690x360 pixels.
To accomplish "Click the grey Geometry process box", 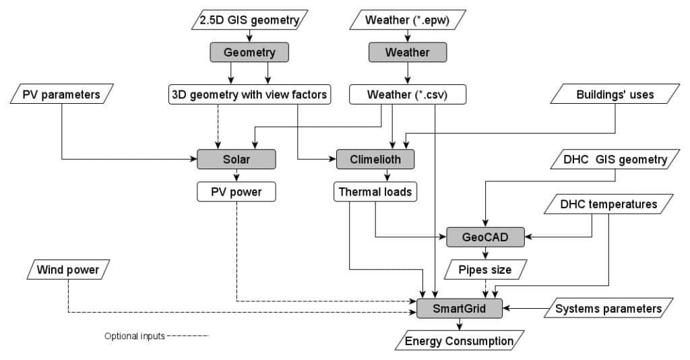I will [x=249, y=53].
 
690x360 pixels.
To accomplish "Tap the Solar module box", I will [x=237, y=159].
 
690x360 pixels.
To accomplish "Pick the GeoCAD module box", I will [x=485, y=237].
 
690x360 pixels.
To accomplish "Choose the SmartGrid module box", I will [x=460, y=309].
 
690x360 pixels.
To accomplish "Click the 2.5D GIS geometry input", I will [x=249, y=20].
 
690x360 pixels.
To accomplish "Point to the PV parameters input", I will [x=61, y=94].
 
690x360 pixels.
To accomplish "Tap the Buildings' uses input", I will [x=615, y=94].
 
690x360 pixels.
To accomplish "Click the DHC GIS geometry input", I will [x=615, y=159].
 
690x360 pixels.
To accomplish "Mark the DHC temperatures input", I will [x=608, y=204].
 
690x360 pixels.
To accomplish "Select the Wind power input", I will [x=68, y=270].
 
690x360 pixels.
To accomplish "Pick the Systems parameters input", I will [x=608, y=309].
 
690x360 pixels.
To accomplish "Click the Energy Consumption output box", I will [x=459, y=341].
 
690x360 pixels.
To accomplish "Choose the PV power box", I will [x=237, y=192].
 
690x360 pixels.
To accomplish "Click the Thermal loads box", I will [x=375, y=192].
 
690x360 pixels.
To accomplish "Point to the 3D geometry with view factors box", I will [x=249, y=94].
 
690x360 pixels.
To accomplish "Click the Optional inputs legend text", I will [x=134, y=336].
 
